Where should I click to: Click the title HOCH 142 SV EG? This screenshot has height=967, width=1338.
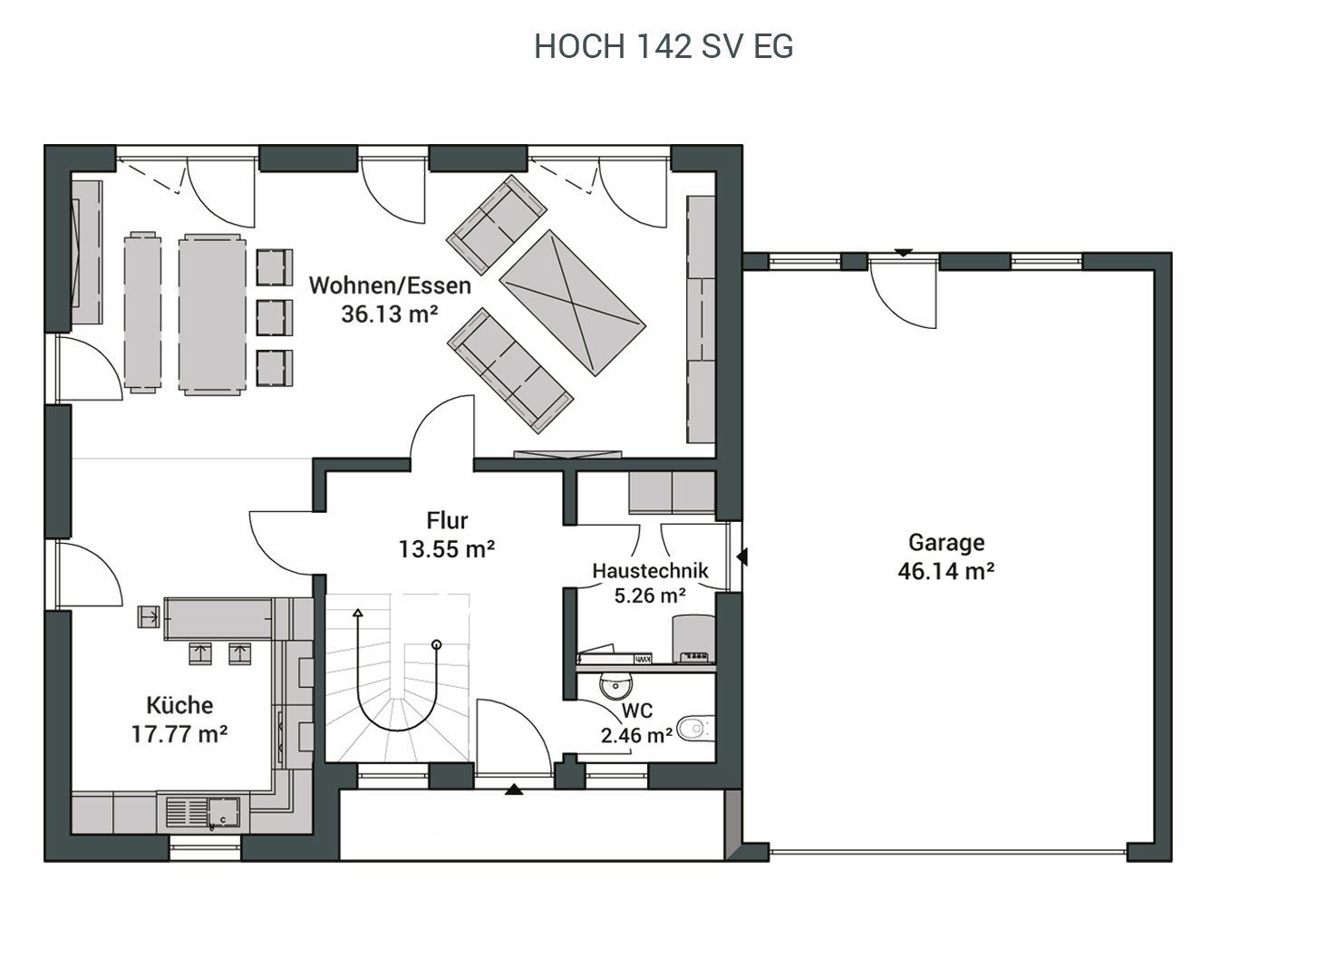pyautogui.click(x=664, y=46)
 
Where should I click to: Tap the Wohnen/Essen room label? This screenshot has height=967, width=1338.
pyautogui.click(x=390, y=285)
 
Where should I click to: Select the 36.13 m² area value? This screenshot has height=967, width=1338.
pyautogui.click(x=390, y=314)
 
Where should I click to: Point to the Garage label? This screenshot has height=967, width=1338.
pyautogui.click(x=946, y=542)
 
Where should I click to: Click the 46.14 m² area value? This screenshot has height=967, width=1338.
pyautogui.click(x=946, y=571)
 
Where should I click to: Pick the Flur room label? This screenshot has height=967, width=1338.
pyautogui.click(x=447, y=520)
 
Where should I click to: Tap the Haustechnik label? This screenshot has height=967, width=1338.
pyautogui.click(x=650, y=570)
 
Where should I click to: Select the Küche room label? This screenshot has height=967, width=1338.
pyautogui.click(x=179, y=705)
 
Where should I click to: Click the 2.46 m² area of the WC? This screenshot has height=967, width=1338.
pyautogui.click(x=636, y=736)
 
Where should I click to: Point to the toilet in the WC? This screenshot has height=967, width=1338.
pyautogui.click(x=695, y=729)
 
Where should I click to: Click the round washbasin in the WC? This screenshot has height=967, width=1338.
pyautogui.click(x=616, y=686)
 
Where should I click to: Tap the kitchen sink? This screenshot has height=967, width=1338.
pyautogui.click(x=202, y=812)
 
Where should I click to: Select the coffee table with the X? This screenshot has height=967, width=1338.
pyautogui.click(x=572, y=303)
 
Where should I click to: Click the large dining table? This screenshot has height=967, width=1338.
pyautogui.click(x=212, y=314)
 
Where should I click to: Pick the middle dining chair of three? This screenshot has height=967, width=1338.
pyautogui.click(x=275, y=317)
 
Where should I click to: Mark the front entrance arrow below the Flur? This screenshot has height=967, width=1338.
pyautogui.click(x=514, y=789)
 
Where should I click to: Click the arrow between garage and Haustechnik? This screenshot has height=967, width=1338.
pyautogui.click(x=742, y=556)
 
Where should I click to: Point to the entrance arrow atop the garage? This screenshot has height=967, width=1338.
pyautogui.click(x=903, y=253)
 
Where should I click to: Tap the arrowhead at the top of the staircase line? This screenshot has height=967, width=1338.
pyautogui.click(x=358, y=613)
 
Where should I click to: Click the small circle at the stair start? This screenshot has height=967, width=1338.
pyautogui.click(x=437, y=644)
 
